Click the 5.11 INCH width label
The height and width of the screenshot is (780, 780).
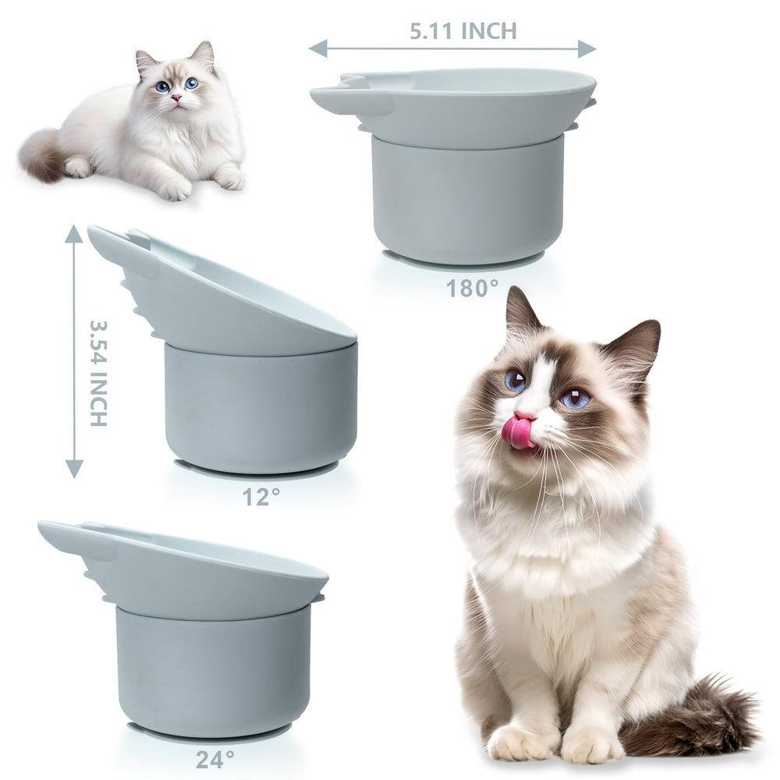[x=463, y=31]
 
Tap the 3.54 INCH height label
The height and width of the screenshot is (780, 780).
[x=98, y=373]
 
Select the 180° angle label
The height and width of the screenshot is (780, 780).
[x=472, y=288]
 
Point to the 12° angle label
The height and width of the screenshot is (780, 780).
[x=261, y=496]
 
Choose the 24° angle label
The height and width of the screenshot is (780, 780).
[x=214, y=759]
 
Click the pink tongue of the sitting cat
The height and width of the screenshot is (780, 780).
[x=519, y=431]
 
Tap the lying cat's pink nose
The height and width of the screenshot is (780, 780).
[x=176, y=97]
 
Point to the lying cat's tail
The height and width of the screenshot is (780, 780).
[x=42, y=154]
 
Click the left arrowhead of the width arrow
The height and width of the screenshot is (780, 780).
[x=318, y=48]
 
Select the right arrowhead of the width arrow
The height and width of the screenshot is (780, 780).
[x=587, y=48]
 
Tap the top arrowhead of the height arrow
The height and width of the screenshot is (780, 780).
[x=74, y=233]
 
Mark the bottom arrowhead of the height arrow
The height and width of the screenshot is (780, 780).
[x=74, y=469]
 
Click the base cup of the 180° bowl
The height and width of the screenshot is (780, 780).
[x=467, y=199]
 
